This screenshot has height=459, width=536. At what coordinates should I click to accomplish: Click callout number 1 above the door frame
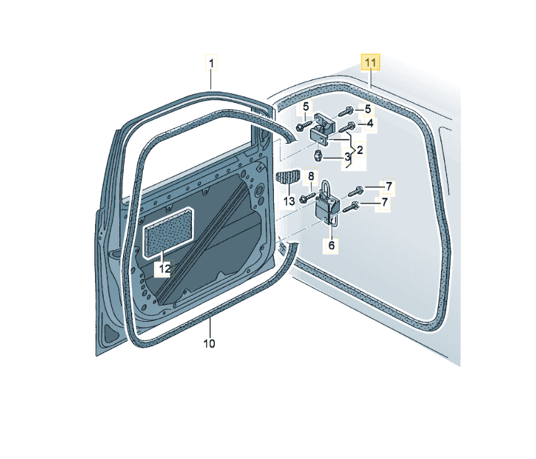coord(211,63)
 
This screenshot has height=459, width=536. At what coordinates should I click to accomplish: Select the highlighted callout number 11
coord(371,63)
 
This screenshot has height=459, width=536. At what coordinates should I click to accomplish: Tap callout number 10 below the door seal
coord(209,343)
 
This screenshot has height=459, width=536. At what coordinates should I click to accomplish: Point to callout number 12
coord(165,268)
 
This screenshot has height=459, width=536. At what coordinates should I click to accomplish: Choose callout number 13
coord(289,201)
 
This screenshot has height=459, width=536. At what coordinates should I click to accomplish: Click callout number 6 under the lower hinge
coord(331,245)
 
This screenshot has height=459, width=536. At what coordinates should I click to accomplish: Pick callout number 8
coord(311,176)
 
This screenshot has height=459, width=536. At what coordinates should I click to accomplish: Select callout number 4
coord(370,124)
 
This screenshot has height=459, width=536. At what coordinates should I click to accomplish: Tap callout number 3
coord(347,157)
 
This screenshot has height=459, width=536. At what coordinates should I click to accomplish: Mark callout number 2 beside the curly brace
coord(360,150)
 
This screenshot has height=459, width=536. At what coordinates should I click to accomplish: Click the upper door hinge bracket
coord(323,130)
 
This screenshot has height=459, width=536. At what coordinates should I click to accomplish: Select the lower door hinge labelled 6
coord(327,204)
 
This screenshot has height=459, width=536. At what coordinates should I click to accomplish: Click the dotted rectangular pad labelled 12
coord(168,232)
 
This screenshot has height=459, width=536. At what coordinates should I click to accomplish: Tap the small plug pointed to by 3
coord(318,156)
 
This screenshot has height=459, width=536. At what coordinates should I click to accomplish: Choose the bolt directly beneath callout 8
coord(307,198)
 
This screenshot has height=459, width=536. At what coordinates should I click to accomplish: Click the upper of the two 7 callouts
coord(389,186)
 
